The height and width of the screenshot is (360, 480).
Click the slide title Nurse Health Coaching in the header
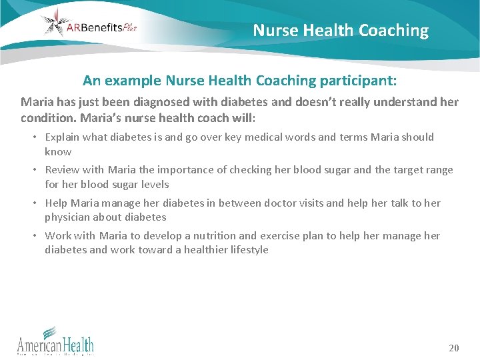pyautogui.click(x=341, y=31)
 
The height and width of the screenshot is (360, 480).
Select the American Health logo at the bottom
pyautogui.click(x=55, y=341)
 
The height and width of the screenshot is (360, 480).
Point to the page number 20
pyautogui.click(x=454, y=348)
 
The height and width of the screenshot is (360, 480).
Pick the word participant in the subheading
pyautogui.click(x=357, y=81)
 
